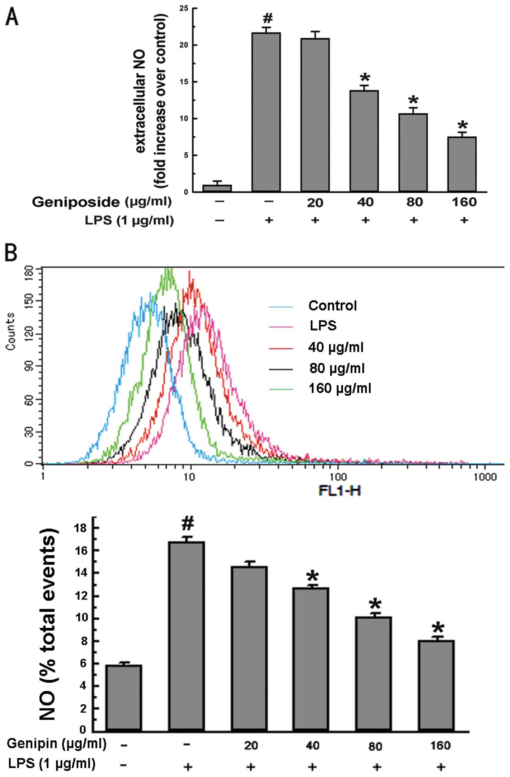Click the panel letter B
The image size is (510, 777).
click(11, 254)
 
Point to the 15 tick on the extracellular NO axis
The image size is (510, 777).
click(184, 82)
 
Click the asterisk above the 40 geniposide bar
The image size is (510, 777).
click(364, 79)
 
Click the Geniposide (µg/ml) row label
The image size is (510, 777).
click(102, 202)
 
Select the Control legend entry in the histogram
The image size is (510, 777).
click(332, 306)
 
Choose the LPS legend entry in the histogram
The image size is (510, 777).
click(323, 326)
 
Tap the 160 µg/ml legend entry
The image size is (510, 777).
click(339, 388)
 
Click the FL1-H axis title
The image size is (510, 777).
click(340, 491)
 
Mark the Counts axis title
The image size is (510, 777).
click(10, 331)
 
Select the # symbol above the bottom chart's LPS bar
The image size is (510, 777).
click(187, 524)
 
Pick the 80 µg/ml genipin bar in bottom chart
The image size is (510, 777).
click(373, 674)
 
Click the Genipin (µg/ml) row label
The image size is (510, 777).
click(57, 743)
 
